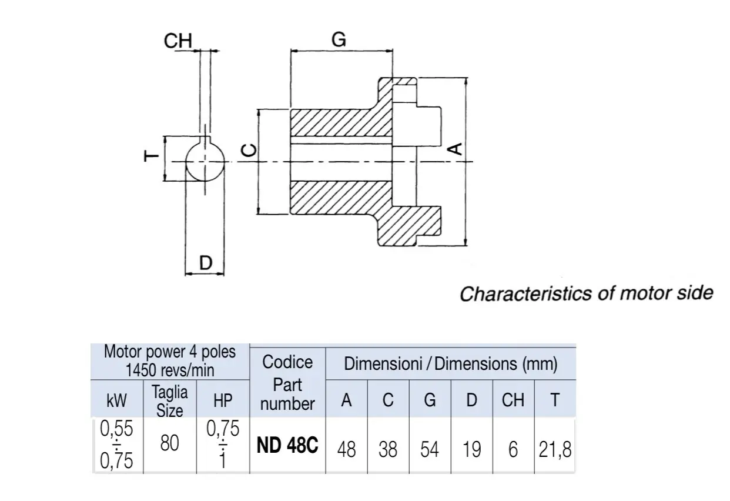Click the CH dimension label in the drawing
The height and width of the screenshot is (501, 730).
(178, 41)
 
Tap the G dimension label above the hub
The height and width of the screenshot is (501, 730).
(339, 40)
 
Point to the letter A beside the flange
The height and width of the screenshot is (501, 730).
(455, 149)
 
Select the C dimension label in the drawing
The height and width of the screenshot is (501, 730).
(249, 151)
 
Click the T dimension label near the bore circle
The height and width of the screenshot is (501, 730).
(151, 156)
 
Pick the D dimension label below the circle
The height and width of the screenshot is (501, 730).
(206, 263)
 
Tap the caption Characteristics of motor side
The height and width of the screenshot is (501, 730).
(586, 293)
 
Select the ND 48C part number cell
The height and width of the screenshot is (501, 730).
(287, 446)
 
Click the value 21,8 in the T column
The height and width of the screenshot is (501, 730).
(555, 450)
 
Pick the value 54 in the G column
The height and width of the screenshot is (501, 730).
(430, 450)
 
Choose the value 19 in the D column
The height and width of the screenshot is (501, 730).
(471, 450)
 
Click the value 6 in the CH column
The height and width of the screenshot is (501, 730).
(513, 450)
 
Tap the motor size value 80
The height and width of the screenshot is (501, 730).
(169, 443)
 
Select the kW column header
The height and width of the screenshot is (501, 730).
(116, 400)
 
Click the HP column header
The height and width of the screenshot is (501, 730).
(223, 400)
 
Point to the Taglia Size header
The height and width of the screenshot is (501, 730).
(169, 401)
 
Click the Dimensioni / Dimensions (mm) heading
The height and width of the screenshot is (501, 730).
(451, 364)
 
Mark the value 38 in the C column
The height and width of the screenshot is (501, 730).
(388, 450)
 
